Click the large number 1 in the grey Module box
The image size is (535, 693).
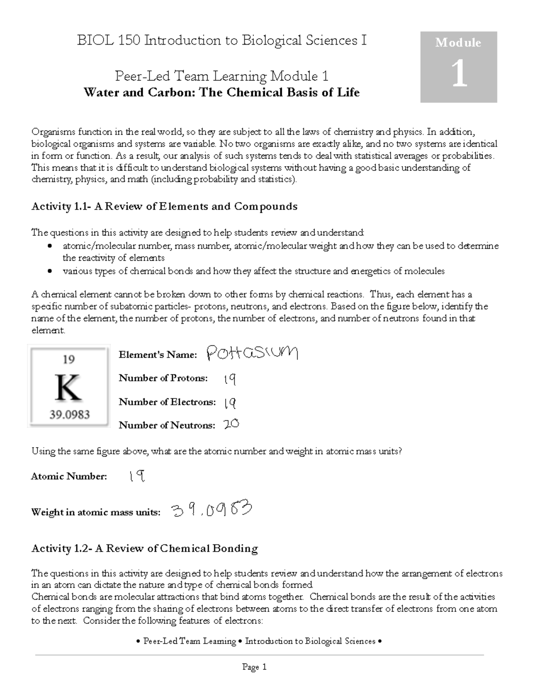tap(459, 74)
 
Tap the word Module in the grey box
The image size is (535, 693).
tap(458, 43)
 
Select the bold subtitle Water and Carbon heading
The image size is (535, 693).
tap(222, 92)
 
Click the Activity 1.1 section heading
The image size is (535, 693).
tap(164, 207)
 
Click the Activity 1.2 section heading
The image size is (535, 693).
tap(144, 548)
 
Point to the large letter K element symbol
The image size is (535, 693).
tap(68, 387)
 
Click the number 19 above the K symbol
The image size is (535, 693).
tap(68, 359)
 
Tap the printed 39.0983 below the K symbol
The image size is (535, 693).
tap(69, 415)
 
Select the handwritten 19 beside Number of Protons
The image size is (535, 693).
tap(230, 379)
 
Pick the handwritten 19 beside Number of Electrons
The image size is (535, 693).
tap(230, 403)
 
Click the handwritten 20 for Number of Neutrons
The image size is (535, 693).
tap(231, 424)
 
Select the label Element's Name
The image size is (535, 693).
tap(158, 355)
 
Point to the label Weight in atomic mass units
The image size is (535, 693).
tap(95, 512)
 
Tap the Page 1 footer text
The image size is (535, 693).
tap(254, 667)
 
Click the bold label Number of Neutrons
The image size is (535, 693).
tap(167, 425)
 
